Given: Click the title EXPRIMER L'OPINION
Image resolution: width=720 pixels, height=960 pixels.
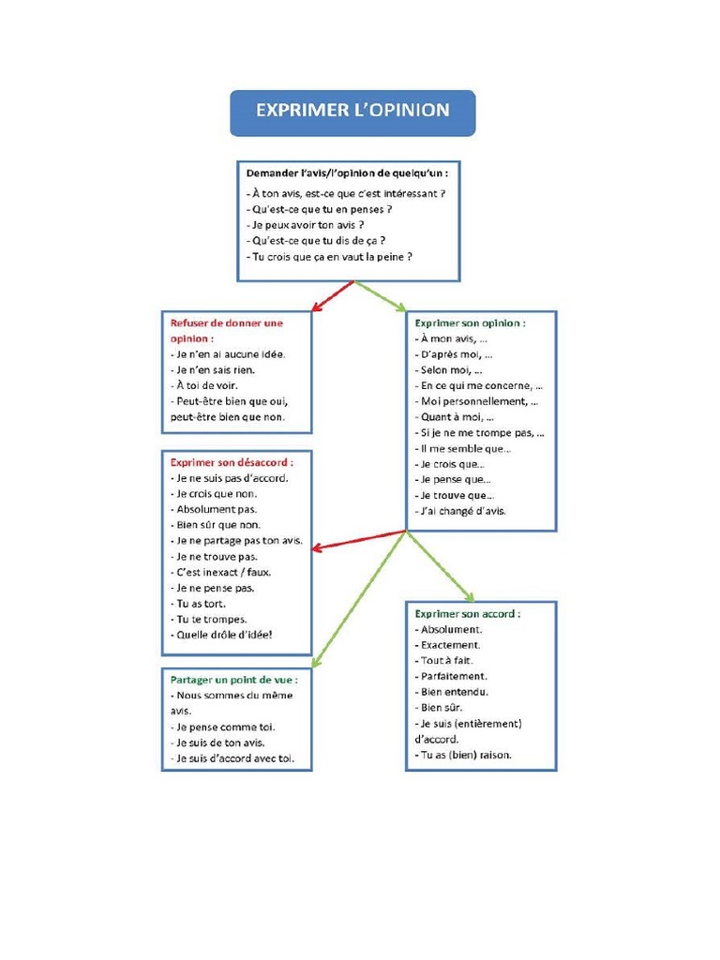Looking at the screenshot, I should pos(352,111).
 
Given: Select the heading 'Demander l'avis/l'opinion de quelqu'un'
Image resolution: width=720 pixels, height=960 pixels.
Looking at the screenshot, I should pos(346,173).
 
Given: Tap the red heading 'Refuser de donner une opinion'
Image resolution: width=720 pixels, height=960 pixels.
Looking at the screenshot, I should pos(225,330).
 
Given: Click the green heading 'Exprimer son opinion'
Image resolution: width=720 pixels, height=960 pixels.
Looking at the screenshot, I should pos(470,322).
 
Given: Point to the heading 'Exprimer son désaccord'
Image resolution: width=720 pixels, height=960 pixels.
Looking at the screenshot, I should pos(231,462).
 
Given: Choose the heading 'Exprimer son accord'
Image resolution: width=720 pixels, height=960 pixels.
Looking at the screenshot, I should pos(467,613).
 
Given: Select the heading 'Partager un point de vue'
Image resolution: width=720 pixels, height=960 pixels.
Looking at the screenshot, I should pos(233,679).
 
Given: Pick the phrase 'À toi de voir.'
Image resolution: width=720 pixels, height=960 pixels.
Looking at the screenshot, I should pos(203,385).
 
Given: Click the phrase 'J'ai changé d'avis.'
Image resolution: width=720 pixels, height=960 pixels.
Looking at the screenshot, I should pos(459,511).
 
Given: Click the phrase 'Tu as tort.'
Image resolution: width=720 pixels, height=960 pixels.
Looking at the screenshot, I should pos(198,604).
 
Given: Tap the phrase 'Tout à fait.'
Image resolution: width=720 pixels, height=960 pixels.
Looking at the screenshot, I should pos(446,660).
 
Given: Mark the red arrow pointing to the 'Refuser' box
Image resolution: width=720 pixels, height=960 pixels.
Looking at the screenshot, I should pos(332,295).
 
